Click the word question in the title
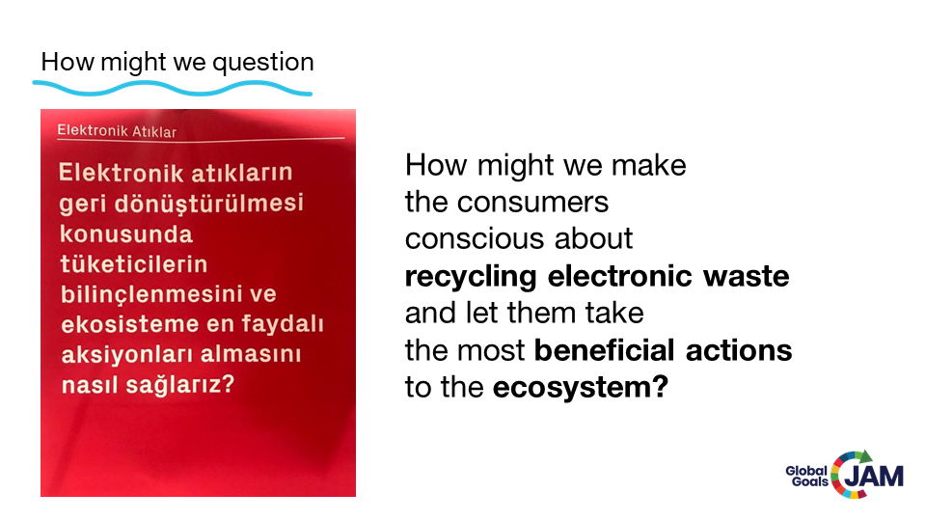pos(263,63)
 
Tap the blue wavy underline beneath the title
pos(173,89)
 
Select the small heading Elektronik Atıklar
pos(117,130)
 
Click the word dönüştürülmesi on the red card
pos(209,204)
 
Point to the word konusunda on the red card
pos(126,233)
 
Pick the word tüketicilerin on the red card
pos(134,264)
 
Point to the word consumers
pos(532,202)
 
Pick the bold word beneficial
pos(605,349)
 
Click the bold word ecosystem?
pos(581,388)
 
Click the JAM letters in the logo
pos(874,476)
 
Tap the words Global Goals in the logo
pos(806,477)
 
